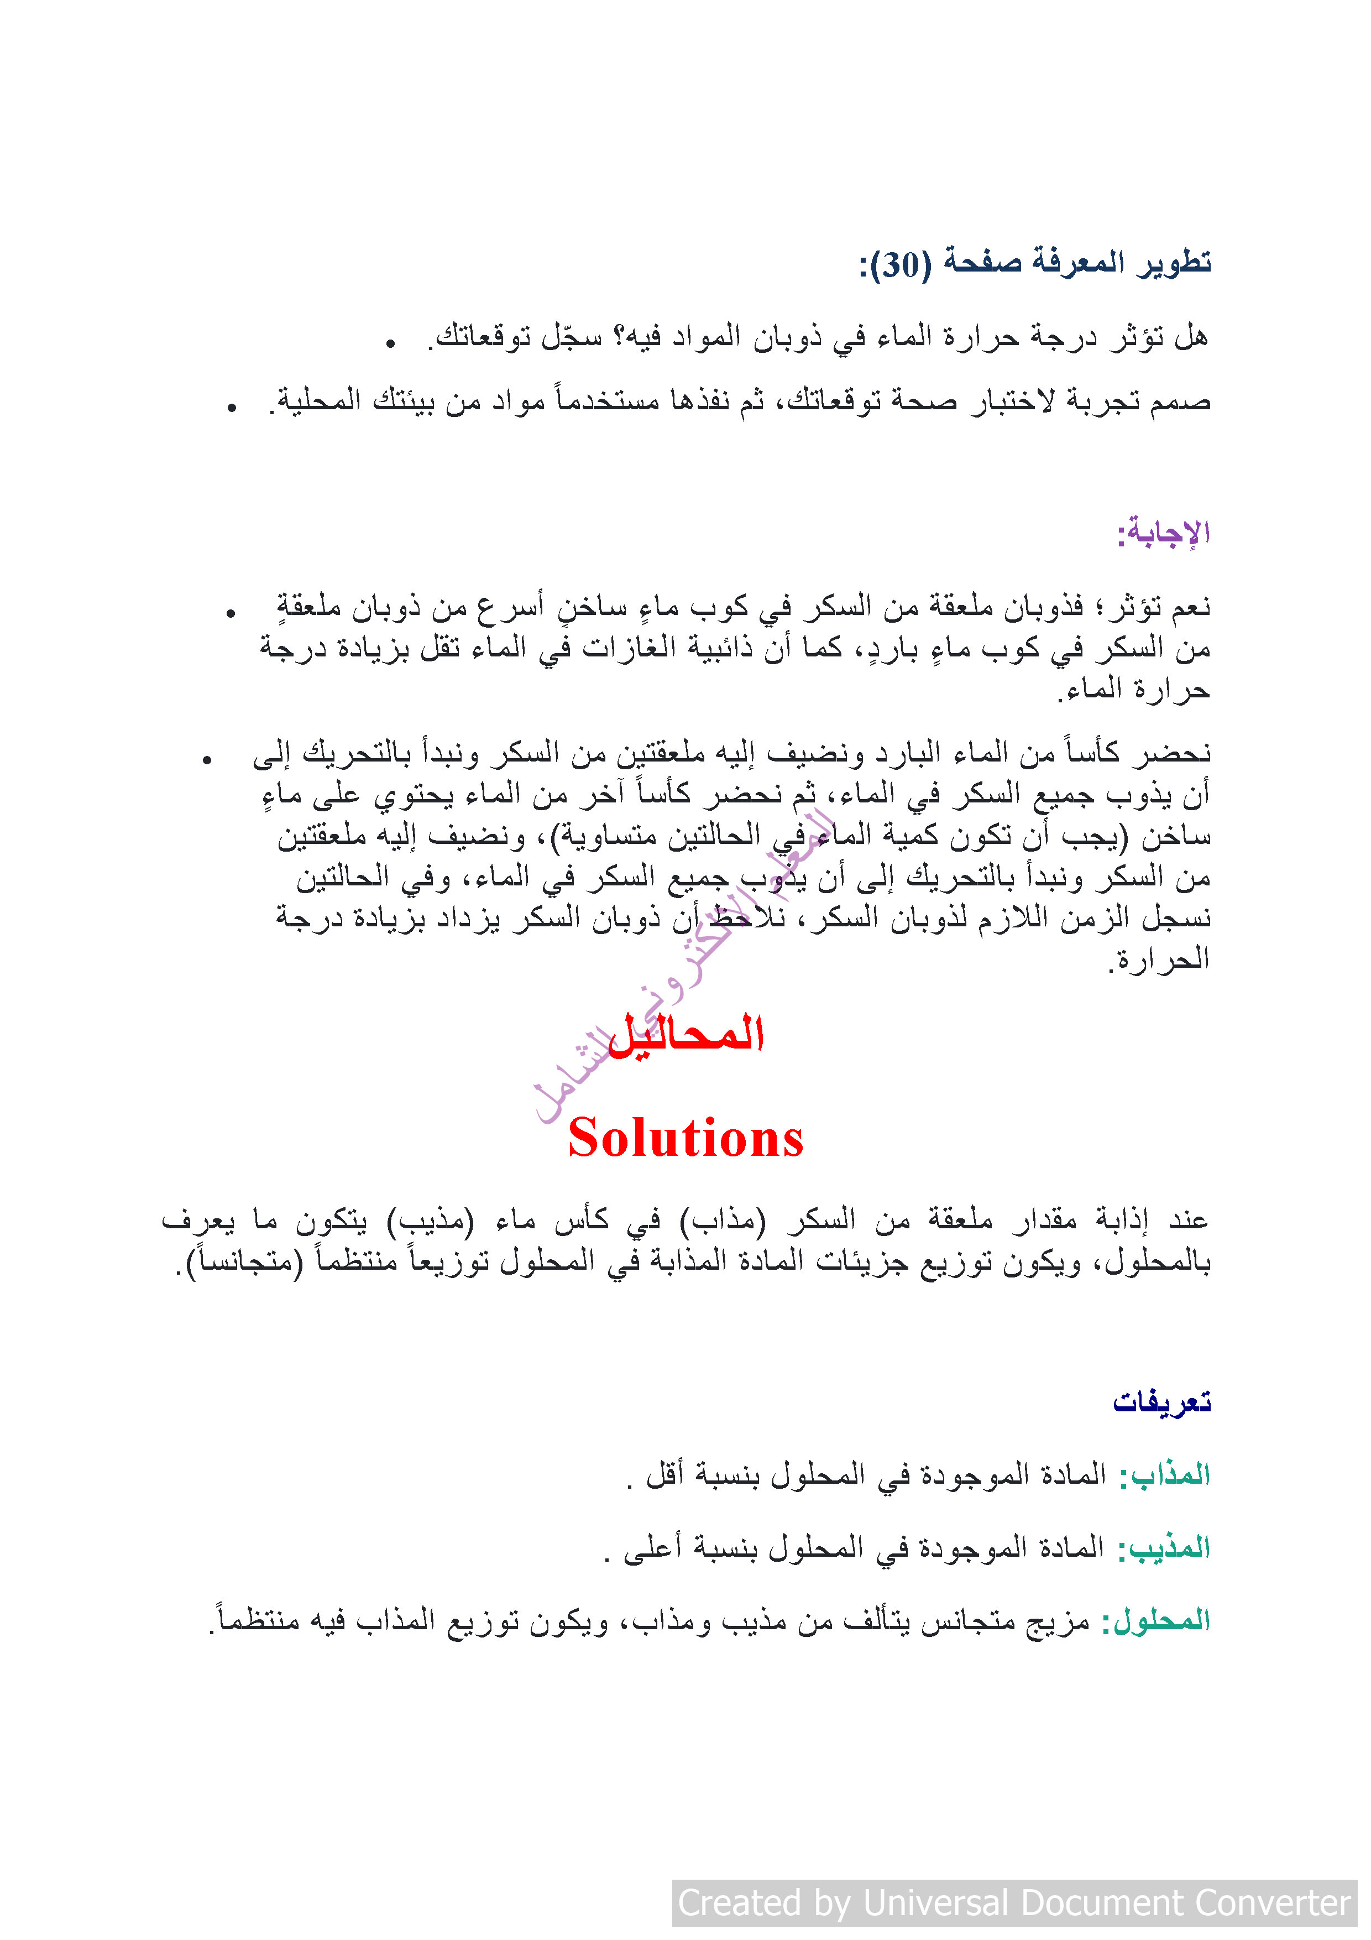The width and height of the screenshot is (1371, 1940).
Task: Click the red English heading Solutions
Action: coord(685,1138)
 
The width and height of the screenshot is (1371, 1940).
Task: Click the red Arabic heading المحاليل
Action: coord(686,1034)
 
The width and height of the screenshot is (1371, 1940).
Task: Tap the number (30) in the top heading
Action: coord(901,264)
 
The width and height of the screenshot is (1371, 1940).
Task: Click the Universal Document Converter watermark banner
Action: coord(1014,1903)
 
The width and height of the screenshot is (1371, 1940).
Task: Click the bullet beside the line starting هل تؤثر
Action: coord(390,343)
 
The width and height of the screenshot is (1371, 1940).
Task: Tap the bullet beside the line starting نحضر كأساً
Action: coord(207,760)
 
